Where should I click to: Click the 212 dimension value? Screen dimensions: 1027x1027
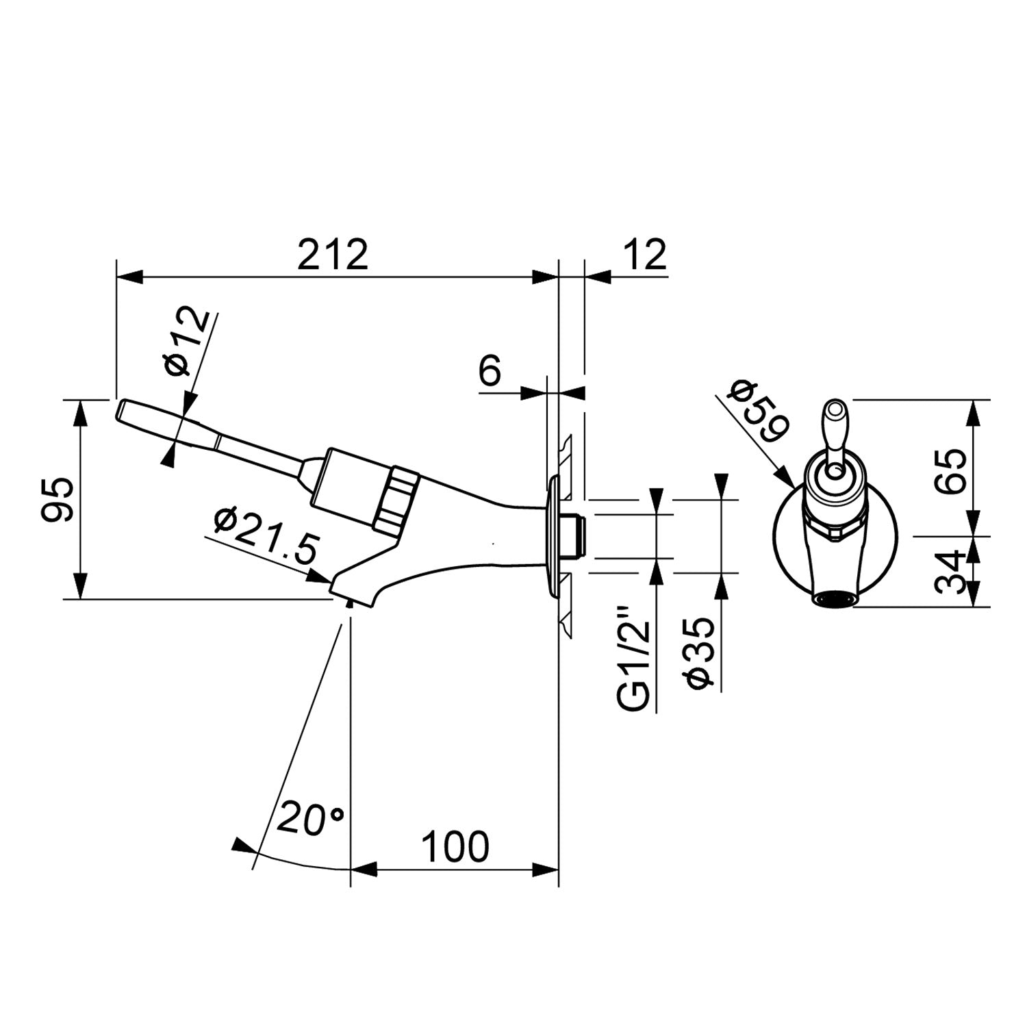pos(333,255)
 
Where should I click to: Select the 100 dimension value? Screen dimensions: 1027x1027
pos(455,847)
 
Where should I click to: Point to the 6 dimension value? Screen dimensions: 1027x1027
pos(490,372)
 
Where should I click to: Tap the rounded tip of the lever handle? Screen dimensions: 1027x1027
pos(122,410)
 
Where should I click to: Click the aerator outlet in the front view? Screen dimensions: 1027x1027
pos(834,599)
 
